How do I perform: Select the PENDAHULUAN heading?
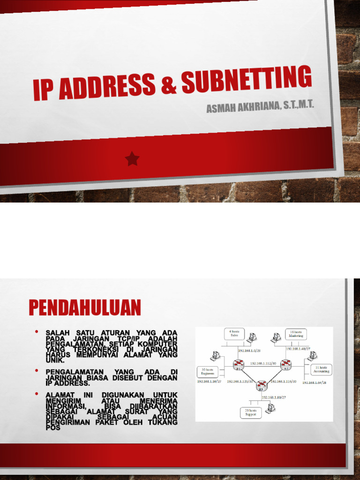coord(85,308)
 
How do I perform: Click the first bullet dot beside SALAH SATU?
coord(36,332)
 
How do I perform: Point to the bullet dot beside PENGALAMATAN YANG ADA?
coord(36,371)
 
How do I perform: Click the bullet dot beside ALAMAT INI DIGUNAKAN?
coord(36,394)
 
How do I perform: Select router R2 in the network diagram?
coord(285,364)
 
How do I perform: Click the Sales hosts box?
coord(234,333)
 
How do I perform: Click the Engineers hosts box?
coord(207,372)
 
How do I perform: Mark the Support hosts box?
coord(251,412)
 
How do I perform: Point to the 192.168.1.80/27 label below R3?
coord(274,397)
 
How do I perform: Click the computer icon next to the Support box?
coord(270,408)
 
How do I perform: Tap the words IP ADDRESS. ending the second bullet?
coord(67,383)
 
